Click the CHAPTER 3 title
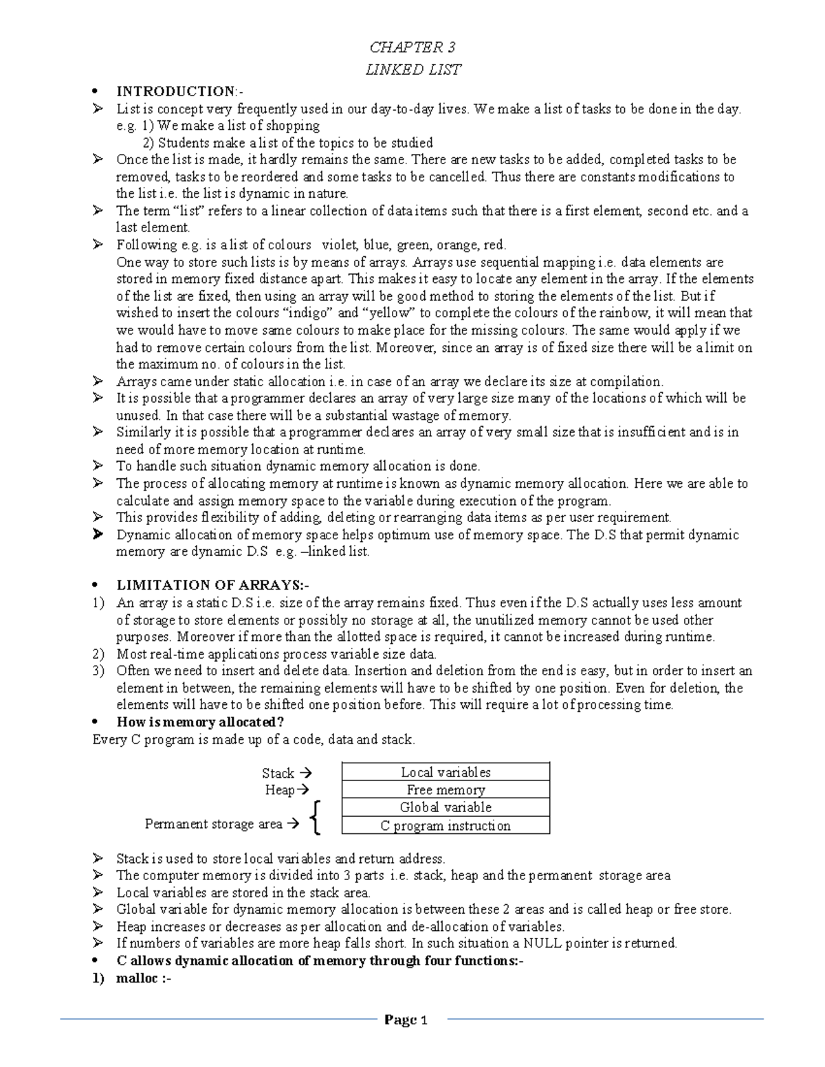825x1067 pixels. pyautogui.click(x=412, y=47)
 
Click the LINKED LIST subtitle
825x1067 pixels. pyautogui.click(x=412, y=69)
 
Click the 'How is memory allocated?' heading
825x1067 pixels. pyautogui.click(x=200, y=722)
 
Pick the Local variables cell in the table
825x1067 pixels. pyautogui.click(x=445, y=772)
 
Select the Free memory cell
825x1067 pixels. pyautogui.click(x=445, y=790)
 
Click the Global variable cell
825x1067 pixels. pyautogui.click(x=445, y=807)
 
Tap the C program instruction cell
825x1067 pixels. pyautogui.click(x=445, y=826)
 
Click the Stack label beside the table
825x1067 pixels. pyautogui.click(x=278, y=773)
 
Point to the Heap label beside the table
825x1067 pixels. pyautogui.click(x=280, y=790)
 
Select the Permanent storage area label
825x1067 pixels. pyautogui.click(x=214, y=824)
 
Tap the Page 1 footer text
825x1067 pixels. pyautogui.click(x=406, y=1020)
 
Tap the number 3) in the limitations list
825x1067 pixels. pyautogui.click(x=98, y=671)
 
